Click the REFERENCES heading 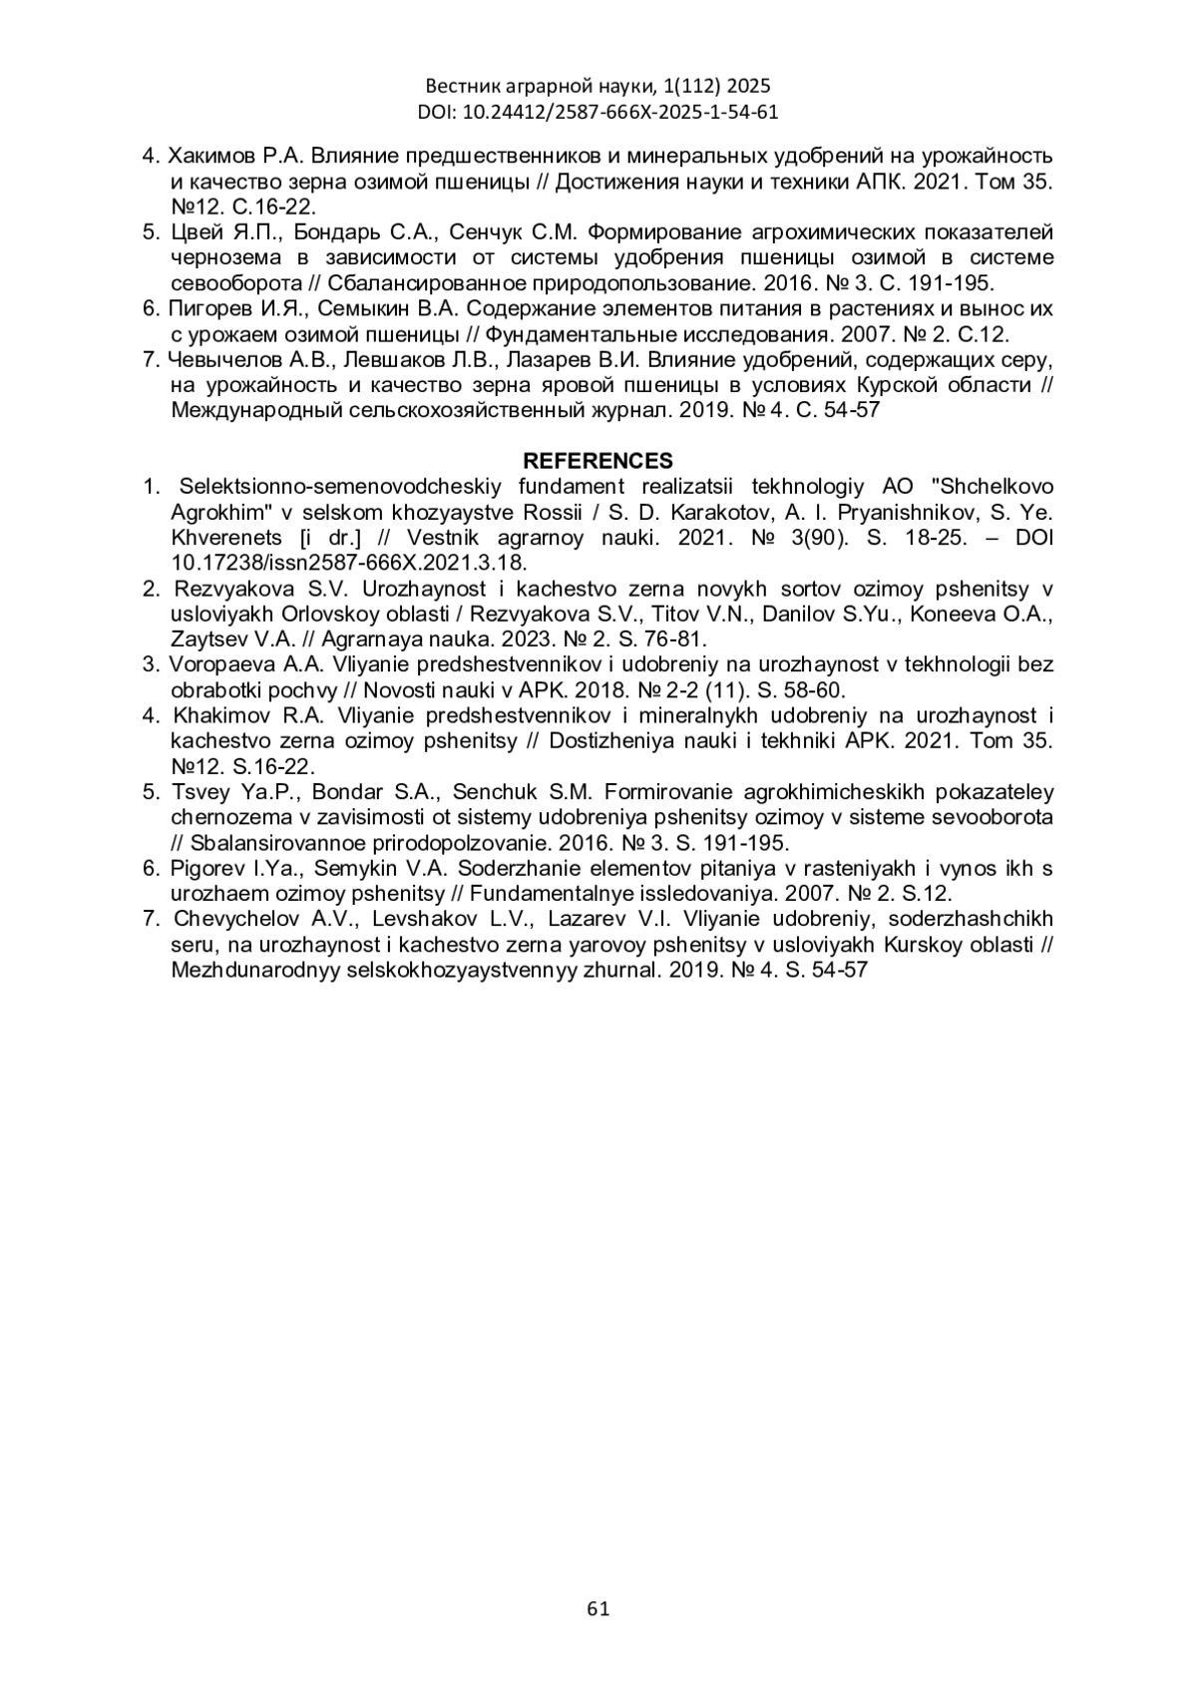point(598,461)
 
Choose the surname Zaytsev point(204,639)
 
